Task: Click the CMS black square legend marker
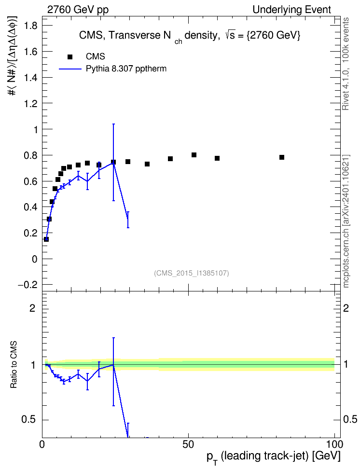pos(70,57)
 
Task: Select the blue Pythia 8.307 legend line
pos(70,69)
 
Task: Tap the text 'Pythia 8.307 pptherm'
pos(126,69)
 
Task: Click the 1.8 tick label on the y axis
pos(31,26)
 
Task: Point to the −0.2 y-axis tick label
pos(28,285)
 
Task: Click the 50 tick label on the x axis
pos(188,444)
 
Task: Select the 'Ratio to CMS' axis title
pos(14,365)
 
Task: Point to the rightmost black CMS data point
pos(282,157)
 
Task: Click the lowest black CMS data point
pos(46,239)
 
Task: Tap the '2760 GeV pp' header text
pos(78,10)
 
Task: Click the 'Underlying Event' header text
pos(292,10)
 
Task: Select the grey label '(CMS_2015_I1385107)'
pos(192,273)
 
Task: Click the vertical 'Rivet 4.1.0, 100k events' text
pos(346,64)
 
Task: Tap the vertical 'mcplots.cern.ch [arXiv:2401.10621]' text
pos(346,221)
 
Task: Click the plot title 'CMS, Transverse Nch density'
pos(148,36)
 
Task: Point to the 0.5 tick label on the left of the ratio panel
pos(28,420)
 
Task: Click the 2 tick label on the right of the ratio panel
pos(346,308)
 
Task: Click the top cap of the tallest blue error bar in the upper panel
pos(113,124)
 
